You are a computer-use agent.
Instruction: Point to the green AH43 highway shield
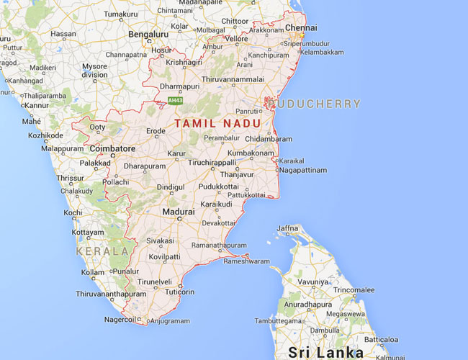(174, 99)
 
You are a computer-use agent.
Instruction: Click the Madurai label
(178, 212)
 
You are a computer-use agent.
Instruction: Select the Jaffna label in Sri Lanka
(287, 228)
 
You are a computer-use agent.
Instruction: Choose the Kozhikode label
(34, 135)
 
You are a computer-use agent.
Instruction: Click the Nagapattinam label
(302, 171)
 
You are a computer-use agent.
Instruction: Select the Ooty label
(96, 128)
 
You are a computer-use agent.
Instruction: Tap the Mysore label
(94, 67)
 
